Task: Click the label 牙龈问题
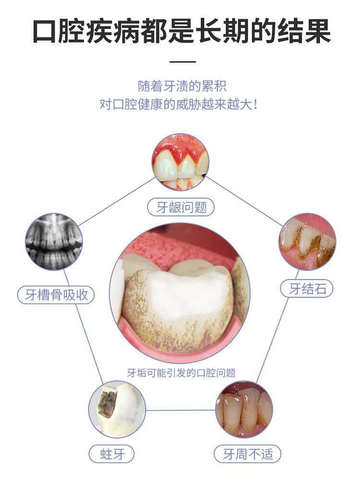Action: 180,207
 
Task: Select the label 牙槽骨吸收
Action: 56,294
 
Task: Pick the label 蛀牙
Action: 112,454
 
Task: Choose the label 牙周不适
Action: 245,454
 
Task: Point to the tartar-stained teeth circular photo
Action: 307,242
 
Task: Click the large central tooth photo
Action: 180,298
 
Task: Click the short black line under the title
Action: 183,61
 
